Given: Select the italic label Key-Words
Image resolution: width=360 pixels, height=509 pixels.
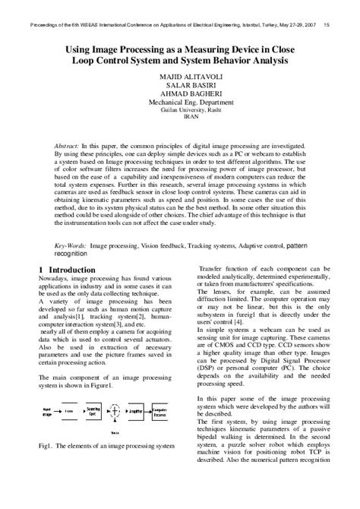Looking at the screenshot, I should (x=71, y=247).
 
